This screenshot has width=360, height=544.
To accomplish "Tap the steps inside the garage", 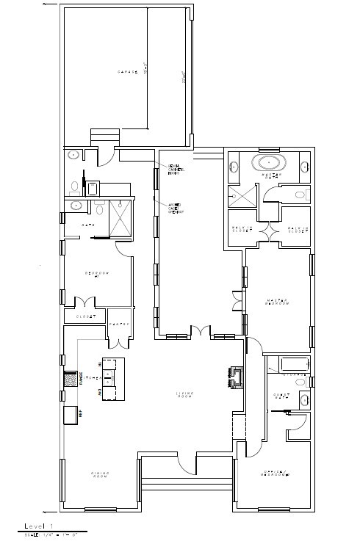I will [x=104, y=137].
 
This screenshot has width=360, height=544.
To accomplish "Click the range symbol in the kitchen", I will [x=72, y=380].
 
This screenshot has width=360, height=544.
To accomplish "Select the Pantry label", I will [x=118, y=324].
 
